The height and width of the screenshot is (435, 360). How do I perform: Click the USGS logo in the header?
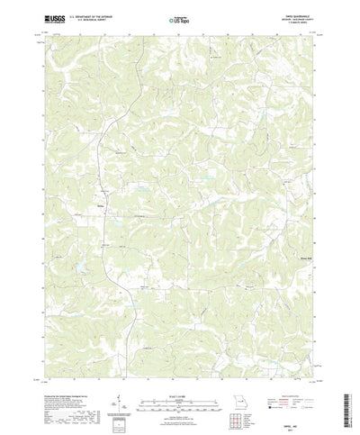click(46, 17)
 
